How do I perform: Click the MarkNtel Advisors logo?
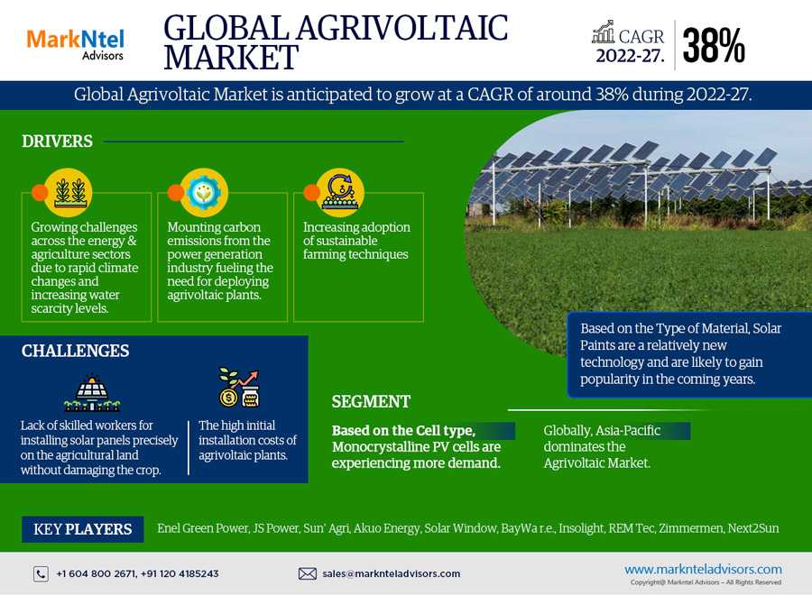click(76, 44)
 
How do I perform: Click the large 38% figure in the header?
click(714, 46)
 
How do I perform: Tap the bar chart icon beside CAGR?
click(604, 32)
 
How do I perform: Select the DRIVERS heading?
click(57, 142)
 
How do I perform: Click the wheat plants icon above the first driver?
click(69, 192)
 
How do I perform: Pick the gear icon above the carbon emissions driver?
click(204, 192)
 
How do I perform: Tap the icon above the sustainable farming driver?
click(340, 192)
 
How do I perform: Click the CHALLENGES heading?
click(75, 351)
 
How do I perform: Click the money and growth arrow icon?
click(239, 387)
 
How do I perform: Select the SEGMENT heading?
click(371, 401)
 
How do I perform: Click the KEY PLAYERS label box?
click(83, 529)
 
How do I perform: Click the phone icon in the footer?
click(41, 573)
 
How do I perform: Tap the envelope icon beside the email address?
click(307, 573)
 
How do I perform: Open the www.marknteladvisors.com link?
click(703, 569)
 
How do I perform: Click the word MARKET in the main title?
click(232, 57)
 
